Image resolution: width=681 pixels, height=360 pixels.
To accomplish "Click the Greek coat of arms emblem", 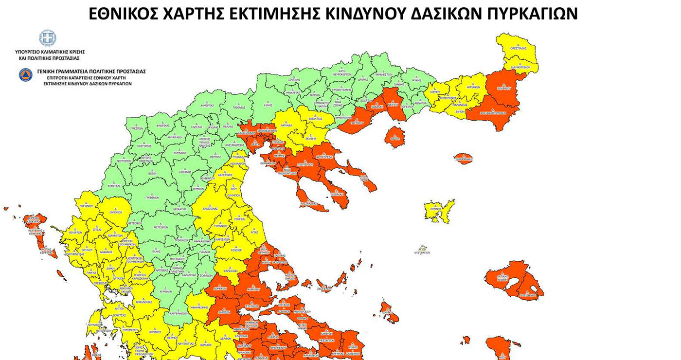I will click(x=47, y=38).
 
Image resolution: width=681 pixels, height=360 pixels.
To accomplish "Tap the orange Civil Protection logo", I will click(x=25, y=75).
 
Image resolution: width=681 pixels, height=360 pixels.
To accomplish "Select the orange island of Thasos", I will click(x=394, y=137).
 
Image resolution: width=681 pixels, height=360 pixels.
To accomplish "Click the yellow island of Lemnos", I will click(x=439, y=209).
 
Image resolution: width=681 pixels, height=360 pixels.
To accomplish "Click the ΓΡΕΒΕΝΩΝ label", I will click(x=153, y=198).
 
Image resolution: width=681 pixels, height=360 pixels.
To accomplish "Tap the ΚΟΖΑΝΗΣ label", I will click(x=185, y=172).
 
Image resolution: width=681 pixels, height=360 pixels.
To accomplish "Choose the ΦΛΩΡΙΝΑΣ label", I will click(x=162, y=126).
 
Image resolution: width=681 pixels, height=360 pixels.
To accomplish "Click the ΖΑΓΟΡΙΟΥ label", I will click(x=115, y=213).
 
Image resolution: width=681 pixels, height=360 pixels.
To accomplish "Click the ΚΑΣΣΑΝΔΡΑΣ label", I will click(x=307, y=203).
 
